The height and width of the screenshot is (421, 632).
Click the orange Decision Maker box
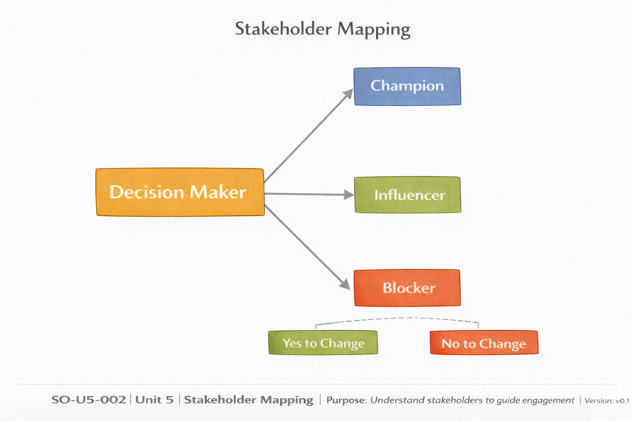pyautogui.click(x=180, y=192)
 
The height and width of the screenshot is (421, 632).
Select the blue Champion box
pyautogui.click(x=407, y=86)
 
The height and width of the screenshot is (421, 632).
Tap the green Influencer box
pyautogui.click(x=407, y=195)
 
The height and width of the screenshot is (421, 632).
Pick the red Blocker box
pyautogui.click(x=407, y=288)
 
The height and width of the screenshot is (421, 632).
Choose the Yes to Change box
pyautogui.click(x=323, y=342)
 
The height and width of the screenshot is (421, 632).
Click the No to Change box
pyautogui.click(x=483, y=342)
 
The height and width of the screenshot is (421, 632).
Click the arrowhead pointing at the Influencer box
pyautogui.click(x=349, y=195)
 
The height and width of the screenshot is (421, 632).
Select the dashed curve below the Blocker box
pyautogui.click(x=397, y=319)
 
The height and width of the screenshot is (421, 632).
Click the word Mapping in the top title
pyautogui.click(x=374, y=30)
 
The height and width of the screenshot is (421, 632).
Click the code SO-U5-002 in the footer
pyautogui.click(x=88, y=400)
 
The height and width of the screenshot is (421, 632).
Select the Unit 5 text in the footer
pyautogui.click(x=154, y=400)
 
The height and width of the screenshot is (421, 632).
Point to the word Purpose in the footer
pyautogui.click(x=346, y=400)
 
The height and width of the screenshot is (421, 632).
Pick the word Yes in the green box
pyautogui.click(x=292, y=342)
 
